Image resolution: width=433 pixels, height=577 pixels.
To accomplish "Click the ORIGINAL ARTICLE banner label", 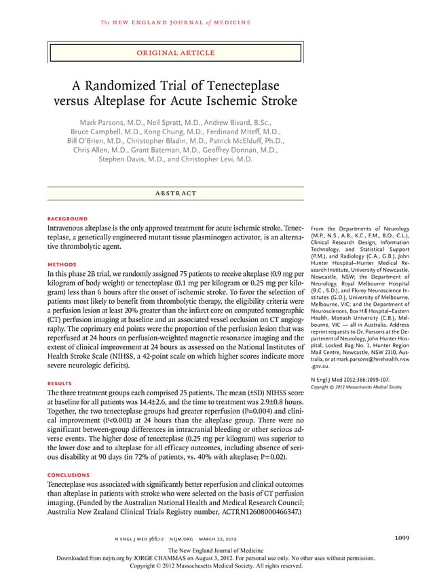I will pos(176,52).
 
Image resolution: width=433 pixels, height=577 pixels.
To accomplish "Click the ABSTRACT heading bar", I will pos(175,193).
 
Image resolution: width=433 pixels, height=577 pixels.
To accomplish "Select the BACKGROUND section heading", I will pos(68,219).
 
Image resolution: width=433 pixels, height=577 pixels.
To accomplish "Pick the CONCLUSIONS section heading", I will pos(71,474).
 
